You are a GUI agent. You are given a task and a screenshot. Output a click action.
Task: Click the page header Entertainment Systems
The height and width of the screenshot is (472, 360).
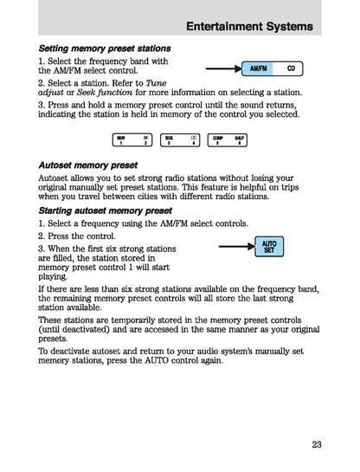pyautogui.click(x=249, y=28)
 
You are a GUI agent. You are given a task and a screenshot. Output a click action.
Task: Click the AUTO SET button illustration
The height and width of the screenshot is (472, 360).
pyautogui.click(x=269, y=249)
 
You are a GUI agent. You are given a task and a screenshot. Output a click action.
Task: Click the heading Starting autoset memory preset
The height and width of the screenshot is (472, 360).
pyautogui.click(x=105, y=210)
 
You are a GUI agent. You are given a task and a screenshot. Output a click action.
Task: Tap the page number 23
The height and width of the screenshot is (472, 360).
pyautogui.click(x=316, y=445)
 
